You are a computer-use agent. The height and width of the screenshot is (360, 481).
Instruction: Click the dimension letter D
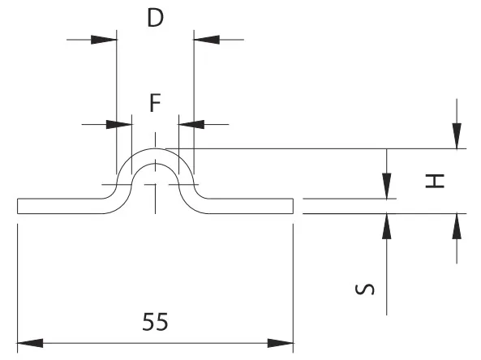point(155,18)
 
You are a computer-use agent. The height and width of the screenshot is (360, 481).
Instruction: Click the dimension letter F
point(155,103)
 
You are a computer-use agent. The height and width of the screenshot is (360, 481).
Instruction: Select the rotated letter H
point(435,181)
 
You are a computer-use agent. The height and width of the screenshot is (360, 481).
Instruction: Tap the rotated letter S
point(364,289)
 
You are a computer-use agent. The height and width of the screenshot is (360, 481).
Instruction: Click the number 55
point(155,322)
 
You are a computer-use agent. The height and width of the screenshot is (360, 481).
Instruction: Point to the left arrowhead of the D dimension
point(104,40)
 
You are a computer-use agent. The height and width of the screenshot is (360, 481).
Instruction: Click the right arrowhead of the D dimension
point(207,40)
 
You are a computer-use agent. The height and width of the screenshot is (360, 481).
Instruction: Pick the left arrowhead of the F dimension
point(119,125)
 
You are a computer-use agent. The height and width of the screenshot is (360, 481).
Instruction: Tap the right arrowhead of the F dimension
point(191,125)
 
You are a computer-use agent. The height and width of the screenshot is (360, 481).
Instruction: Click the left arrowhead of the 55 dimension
point(30,343)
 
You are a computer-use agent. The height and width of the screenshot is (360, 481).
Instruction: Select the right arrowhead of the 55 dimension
point(281,343)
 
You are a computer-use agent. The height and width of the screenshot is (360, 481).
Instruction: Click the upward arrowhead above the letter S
point(387,226)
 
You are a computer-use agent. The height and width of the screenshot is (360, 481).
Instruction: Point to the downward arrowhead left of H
point(387,186)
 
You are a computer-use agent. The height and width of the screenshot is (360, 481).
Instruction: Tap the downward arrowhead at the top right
point(457,136)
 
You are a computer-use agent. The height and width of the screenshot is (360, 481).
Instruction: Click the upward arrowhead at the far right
point(457,226)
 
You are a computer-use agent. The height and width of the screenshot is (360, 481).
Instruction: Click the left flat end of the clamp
point(18,206)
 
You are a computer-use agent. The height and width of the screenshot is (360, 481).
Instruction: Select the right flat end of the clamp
point(293,206)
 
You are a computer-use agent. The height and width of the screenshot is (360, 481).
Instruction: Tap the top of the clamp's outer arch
point(155,148)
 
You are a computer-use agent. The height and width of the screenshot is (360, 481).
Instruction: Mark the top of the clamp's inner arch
point(155,163)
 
